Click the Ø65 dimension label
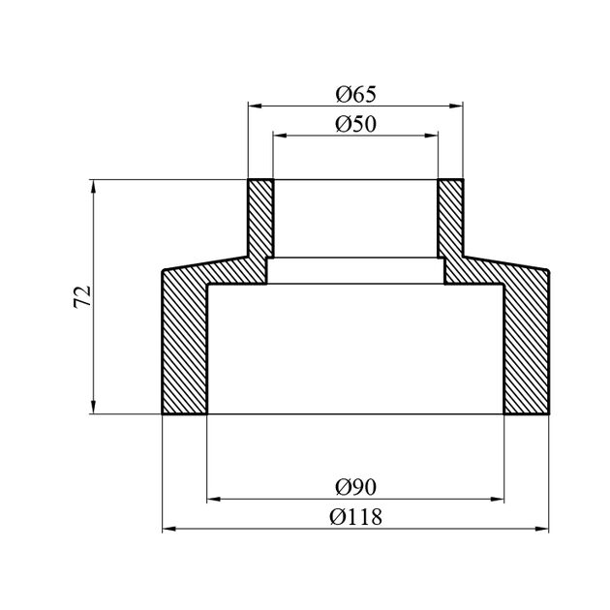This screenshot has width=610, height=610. point(356,95)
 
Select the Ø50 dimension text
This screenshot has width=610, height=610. point(356,125)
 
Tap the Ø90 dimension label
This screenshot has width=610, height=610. point(356,487)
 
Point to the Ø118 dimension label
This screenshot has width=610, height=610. point(356,517)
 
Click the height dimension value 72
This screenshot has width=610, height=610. point(82,296)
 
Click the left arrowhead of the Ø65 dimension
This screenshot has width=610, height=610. point(255,106)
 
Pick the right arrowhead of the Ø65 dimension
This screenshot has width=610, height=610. point(456,106)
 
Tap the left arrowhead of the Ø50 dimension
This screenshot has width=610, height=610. point(280,136)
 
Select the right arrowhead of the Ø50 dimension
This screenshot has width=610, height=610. point(432,136)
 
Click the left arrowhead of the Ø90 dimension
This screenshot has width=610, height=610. point(214,499)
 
